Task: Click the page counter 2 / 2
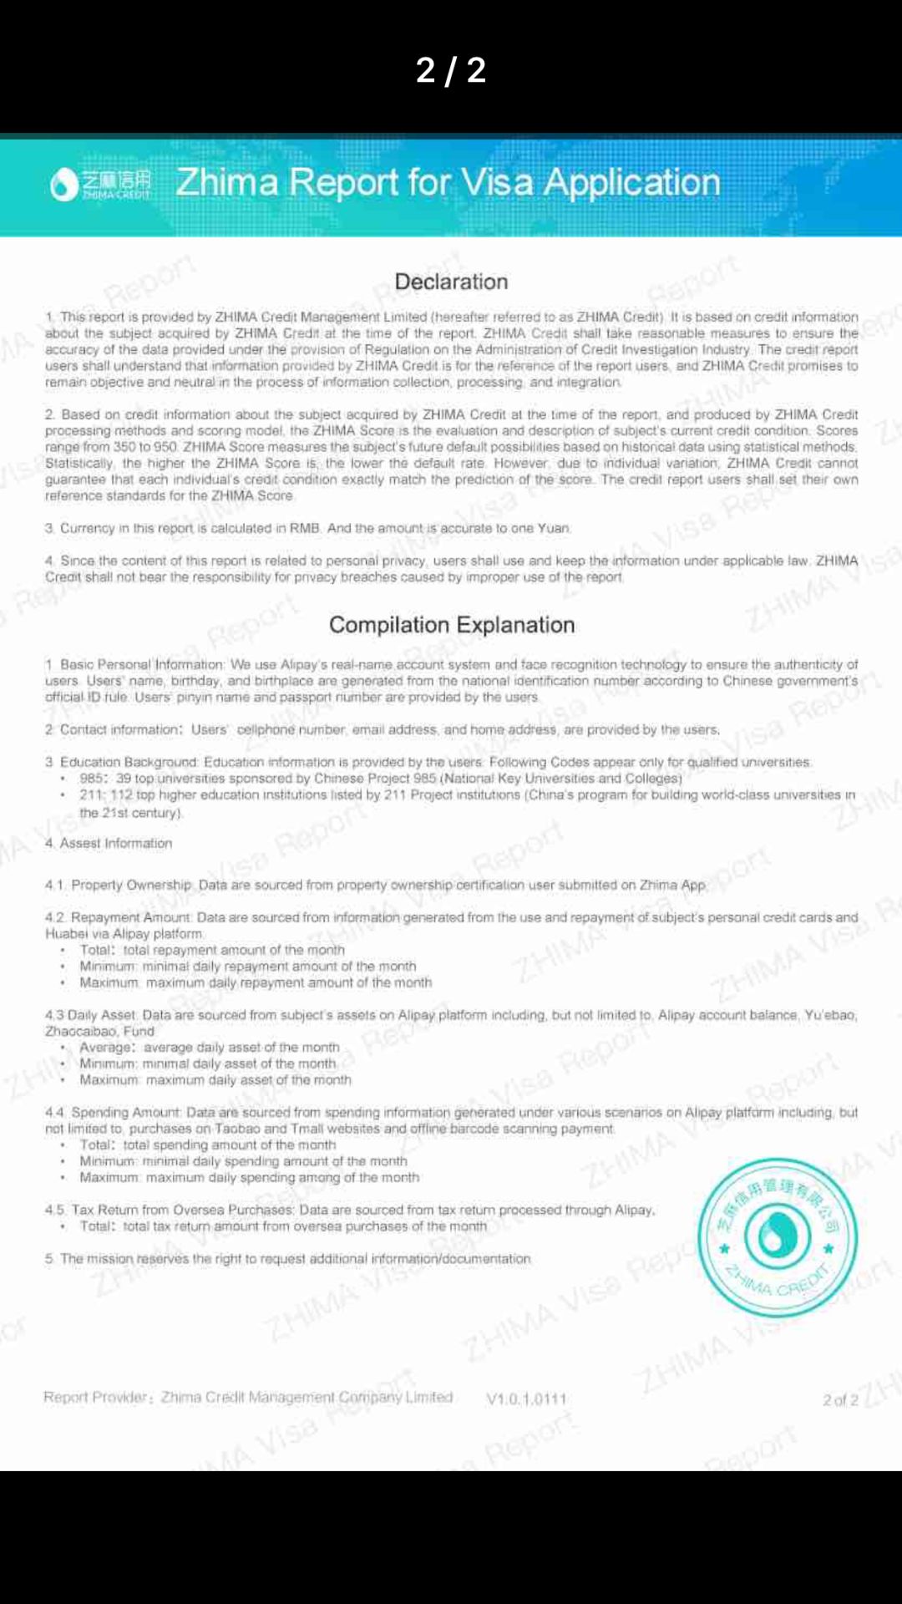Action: click(x=451, y=70)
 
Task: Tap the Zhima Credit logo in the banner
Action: click(x=101, y=184)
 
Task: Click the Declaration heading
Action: click(x=451, y=282)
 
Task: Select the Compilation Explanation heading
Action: click(x=452, y=625)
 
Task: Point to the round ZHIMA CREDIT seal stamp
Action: click(x=778, y=1237)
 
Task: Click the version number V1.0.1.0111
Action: click(x=526, y=1398)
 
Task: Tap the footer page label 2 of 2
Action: click(x=840, y=1400)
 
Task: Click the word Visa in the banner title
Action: click(x=497, y=182)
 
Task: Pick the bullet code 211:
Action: click(x=93, y=795)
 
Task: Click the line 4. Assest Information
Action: click(x=109, y=844)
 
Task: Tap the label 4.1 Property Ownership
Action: click(x=119, y=885)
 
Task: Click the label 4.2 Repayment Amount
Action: click(x=119, y=917)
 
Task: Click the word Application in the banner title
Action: click(x=632, y=182)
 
